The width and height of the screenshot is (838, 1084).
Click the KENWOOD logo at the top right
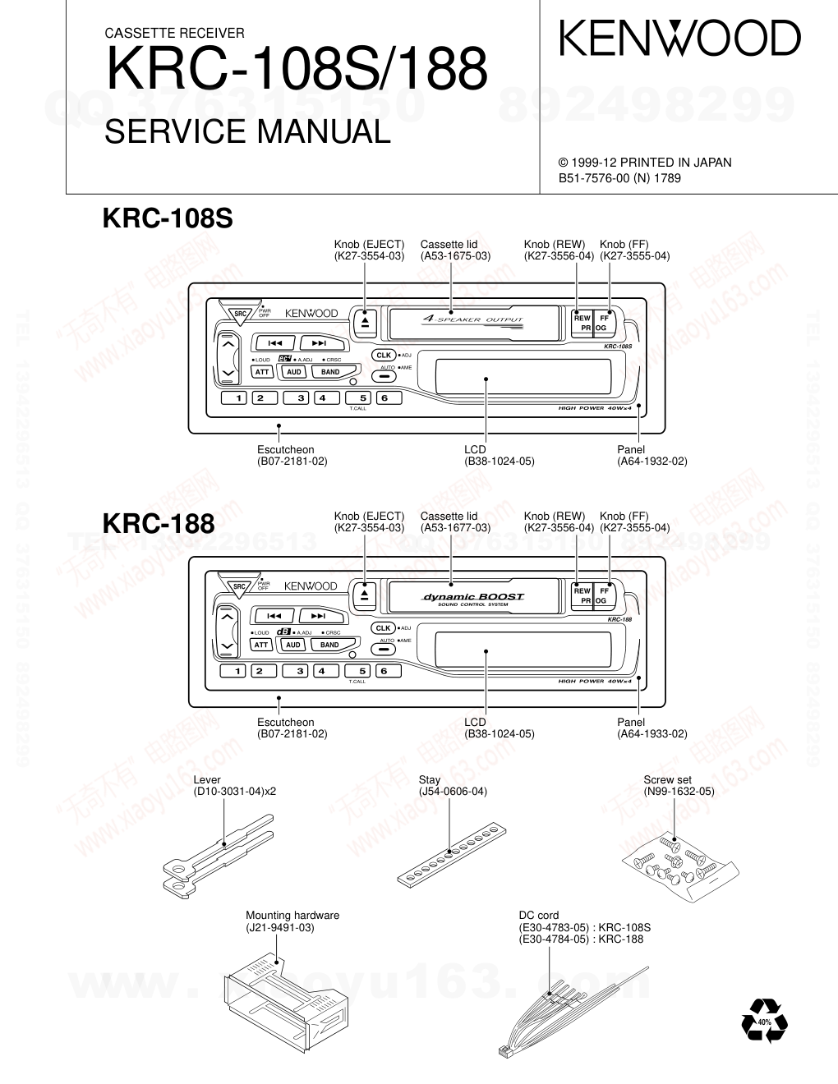tap(679, 39)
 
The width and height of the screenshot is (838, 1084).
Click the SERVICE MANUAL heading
tap(247, 132)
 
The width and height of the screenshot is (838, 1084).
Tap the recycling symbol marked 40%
tap(763, 1022)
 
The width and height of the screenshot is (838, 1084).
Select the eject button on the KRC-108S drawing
tap(365, 322)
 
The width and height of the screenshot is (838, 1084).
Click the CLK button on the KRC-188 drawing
tap(384, 628)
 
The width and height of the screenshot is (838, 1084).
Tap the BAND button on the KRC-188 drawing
tap(329, 645)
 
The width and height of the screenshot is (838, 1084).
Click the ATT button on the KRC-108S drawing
tap(261, 372)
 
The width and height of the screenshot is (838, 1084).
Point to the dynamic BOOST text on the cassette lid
tap(472, 597)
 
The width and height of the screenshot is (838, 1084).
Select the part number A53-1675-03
tap(455, 255)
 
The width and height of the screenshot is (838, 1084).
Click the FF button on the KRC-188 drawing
tap(605, 590)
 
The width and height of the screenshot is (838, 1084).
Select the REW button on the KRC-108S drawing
tap(582, 318)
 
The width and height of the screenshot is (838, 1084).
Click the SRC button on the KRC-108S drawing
tap(240, 313)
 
